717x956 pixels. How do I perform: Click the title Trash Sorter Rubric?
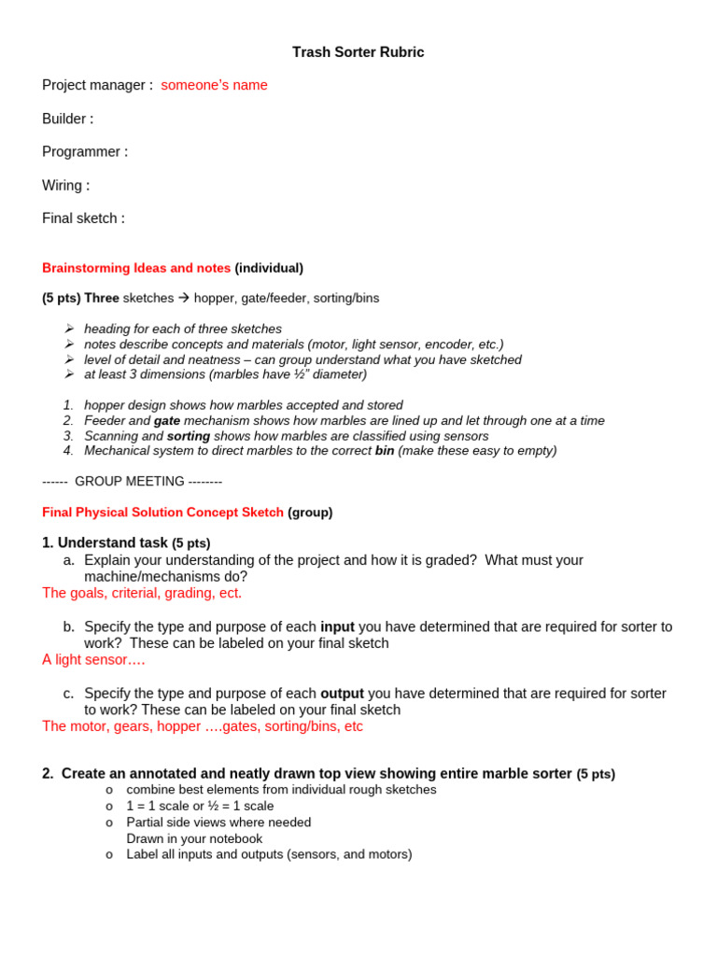click(358, 52)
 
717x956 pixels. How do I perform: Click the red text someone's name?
click(214, 85)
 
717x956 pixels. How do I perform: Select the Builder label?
click(67, 119)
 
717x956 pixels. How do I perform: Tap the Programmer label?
click(85, 151)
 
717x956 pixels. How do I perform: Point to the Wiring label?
click(65, 185)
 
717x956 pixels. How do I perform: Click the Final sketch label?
click(83, 218)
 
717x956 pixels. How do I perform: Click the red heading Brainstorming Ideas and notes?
click(136, 268)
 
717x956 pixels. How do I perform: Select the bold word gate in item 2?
click(167, 421)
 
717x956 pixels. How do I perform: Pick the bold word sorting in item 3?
click(189, 436)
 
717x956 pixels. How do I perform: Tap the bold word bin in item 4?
click(385, 451)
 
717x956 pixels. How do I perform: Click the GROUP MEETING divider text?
click(132, 482)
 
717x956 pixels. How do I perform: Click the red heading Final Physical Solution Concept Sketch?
click(162, 513)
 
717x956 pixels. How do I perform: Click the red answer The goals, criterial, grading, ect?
click(142, 593)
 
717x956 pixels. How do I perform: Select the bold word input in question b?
click(337, 626)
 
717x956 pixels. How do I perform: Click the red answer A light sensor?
click(93, 660)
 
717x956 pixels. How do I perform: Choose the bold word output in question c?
click(342, 694)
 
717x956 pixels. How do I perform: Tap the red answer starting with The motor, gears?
click(203, 726)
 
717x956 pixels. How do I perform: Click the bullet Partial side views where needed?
click(218, 822)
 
